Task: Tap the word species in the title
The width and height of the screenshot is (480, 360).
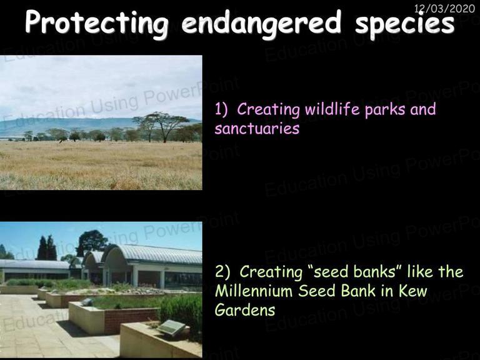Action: pyautogui.click(x=405, y=24)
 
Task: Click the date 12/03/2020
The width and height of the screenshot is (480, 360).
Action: pyautogui.click(x=444, y=9)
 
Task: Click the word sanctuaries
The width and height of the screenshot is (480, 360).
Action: pyautogui.click(x=257, y=129)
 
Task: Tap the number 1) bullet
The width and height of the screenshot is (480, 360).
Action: pyautogui.click(x=221, y=109)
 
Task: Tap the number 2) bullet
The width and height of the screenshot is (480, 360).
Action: pyautogui.click(x=222, y=272)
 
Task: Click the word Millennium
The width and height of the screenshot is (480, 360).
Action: pyautogui.click(x=254, y=291)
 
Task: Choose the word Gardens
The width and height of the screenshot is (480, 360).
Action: pyautogui.click(x=245, y=310)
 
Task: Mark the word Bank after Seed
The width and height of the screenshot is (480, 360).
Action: pyautogui.click(x=358, y=291)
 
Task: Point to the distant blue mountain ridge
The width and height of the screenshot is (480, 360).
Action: pyautogui.click(x=76, y=126)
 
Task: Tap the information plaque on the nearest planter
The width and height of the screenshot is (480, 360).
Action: pyautogui.click(x=171, y=327)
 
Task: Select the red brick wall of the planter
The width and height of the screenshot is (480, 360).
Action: pyautogui.click(x=130, y=320)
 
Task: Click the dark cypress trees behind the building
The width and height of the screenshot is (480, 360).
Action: pyautogui.click(x=47, y=248)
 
